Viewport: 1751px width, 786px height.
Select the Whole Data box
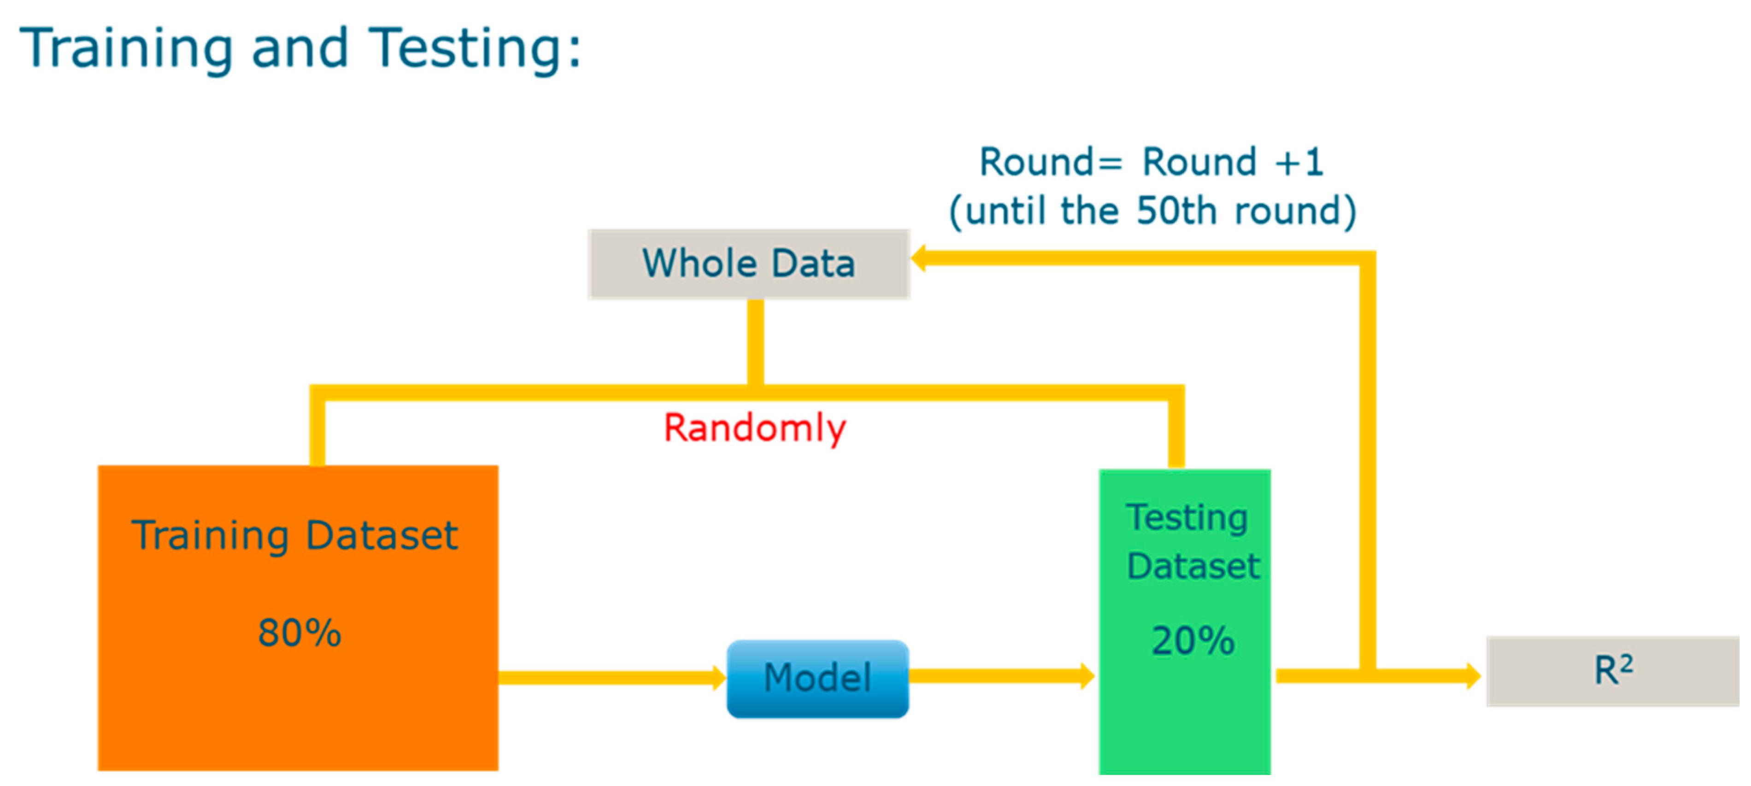click(748, 264)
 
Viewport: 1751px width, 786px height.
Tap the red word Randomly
click(754, 429)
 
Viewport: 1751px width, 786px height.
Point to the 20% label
click(1193, 640)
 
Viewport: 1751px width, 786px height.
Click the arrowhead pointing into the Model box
click(719, 678)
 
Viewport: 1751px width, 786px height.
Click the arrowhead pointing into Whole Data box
click(918, 258)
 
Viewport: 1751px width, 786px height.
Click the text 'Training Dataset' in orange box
click(294, 535)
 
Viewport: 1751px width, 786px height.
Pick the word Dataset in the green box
click(1193, 566)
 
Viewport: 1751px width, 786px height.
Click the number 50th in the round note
click(1176, 210)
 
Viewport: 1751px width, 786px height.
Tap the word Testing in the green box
click(1187, 519)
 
